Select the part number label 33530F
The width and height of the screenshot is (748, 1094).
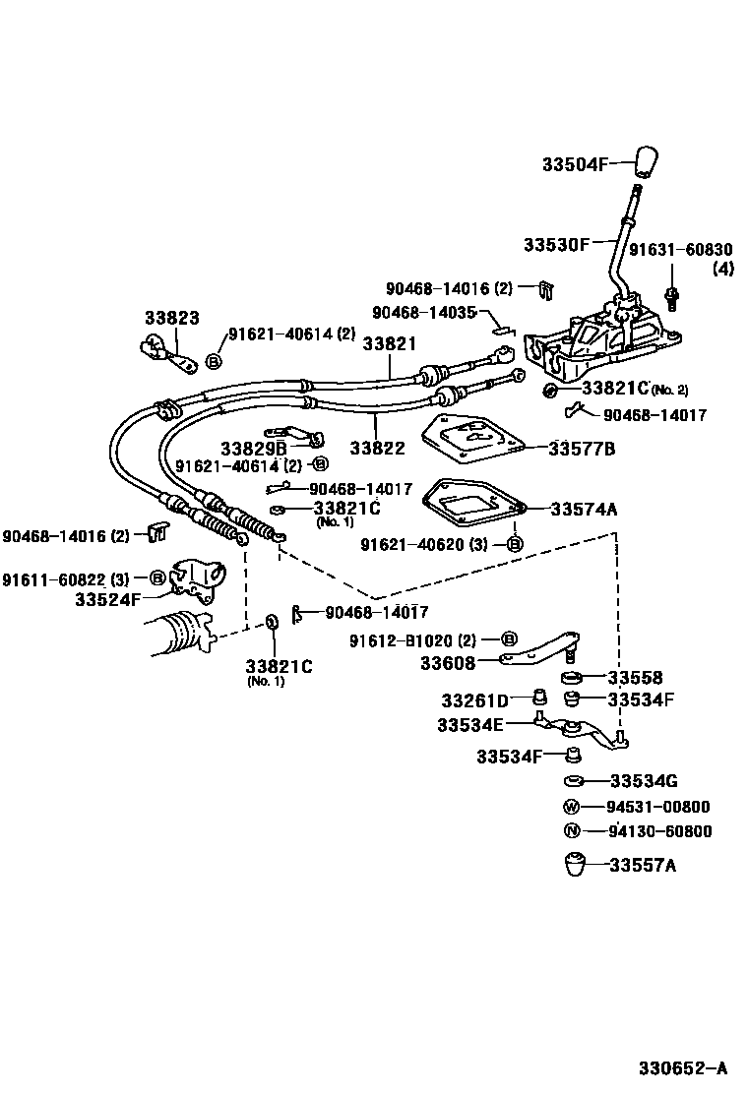point(556,243)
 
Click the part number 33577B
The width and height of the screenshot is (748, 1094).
point(582,449)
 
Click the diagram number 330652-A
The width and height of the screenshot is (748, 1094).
point(680,1067)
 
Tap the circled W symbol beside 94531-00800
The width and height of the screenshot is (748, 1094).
point(572,807)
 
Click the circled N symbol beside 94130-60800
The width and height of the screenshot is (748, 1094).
point(572,831)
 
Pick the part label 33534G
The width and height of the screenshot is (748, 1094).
point(644,782)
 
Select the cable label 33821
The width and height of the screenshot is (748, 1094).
point(389,344)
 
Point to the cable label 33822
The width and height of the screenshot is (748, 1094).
point(377,448)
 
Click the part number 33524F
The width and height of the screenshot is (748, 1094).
point(107,597)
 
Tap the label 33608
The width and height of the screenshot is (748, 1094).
point(448,663)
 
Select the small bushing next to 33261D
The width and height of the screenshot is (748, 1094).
point(538,699)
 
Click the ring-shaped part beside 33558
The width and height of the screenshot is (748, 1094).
point(571,678)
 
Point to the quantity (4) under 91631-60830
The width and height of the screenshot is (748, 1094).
point(723,269)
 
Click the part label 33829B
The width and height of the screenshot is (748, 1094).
point(253,447)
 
